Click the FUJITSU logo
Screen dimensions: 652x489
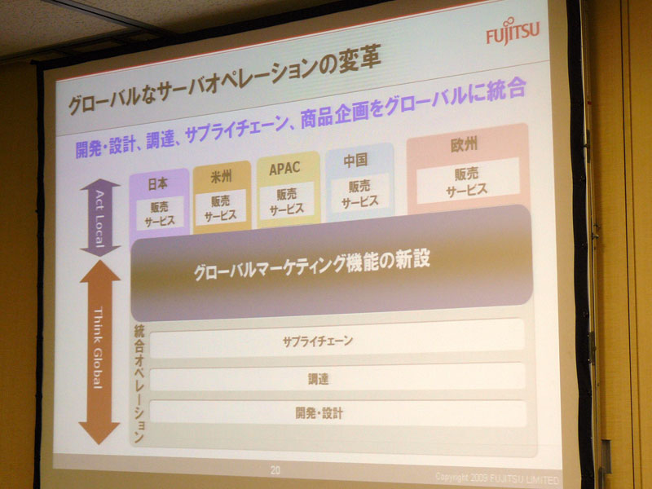513,31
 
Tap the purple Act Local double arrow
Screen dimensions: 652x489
99,218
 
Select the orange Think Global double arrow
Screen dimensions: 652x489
99,352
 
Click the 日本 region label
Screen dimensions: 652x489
158,183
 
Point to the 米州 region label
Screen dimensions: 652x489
221,177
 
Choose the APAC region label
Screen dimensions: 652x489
284,169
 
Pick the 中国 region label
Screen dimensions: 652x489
355,160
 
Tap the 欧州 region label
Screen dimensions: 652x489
464,145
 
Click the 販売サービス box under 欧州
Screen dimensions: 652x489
468,181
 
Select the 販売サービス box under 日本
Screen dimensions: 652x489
160,214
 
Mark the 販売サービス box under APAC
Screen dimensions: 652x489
287,200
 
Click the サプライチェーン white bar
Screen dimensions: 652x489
337,339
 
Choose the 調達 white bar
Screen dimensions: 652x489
337,377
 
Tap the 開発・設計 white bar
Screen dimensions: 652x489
338,412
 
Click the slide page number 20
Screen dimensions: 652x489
275,470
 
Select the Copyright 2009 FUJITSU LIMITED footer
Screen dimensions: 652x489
497,478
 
